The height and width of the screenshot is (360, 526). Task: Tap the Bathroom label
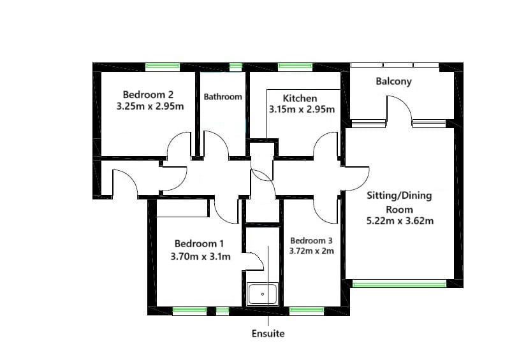coord(223,97)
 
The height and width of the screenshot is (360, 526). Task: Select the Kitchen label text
coord(300,98)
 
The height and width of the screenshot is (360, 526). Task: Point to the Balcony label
coord(393,82)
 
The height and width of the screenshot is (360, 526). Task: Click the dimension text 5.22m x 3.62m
coord(399,221)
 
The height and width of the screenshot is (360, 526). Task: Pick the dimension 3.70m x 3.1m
coord(200,256)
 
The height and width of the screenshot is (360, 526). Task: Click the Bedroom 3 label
coord(311,240)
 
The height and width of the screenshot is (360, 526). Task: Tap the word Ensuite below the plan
coord(268,333)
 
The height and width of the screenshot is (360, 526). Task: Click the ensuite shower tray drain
coord(262,294)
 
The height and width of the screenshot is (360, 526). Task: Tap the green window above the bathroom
coord(236,66)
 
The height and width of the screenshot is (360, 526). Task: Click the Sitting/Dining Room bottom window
coord(399,284)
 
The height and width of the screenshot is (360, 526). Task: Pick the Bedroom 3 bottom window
coord(308,311)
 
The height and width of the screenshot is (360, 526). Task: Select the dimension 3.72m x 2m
coord(311,251)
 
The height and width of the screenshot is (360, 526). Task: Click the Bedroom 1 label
coord(200,243)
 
